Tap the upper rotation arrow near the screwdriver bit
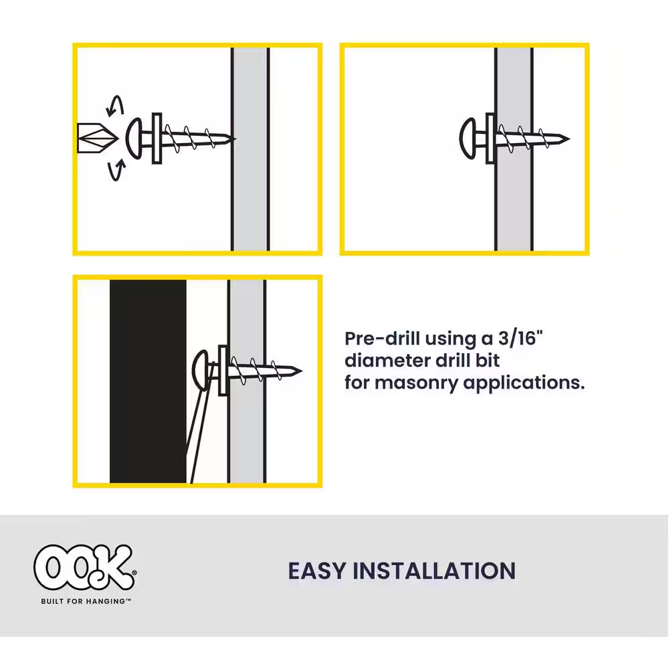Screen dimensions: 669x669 tap(116, 105)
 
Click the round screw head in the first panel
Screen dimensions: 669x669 tap(135, 138)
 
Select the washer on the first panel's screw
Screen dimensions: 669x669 tap(157, 138)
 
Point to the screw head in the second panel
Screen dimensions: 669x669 tap(468, 138)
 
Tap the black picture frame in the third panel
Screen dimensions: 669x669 tap(148, 381)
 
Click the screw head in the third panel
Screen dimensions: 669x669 tap(200, 371)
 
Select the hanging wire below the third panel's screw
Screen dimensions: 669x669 tap(201, 422)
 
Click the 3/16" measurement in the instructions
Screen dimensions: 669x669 tap(520, 339)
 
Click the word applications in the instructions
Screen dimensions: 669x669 tap(524, 383)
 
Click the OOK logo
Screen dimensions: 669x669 tap(85, 567)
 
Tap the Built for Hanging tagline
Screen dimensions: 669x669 tap(86, 601)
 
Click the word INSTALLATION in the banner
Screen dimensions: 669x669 tap(434, 571)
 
